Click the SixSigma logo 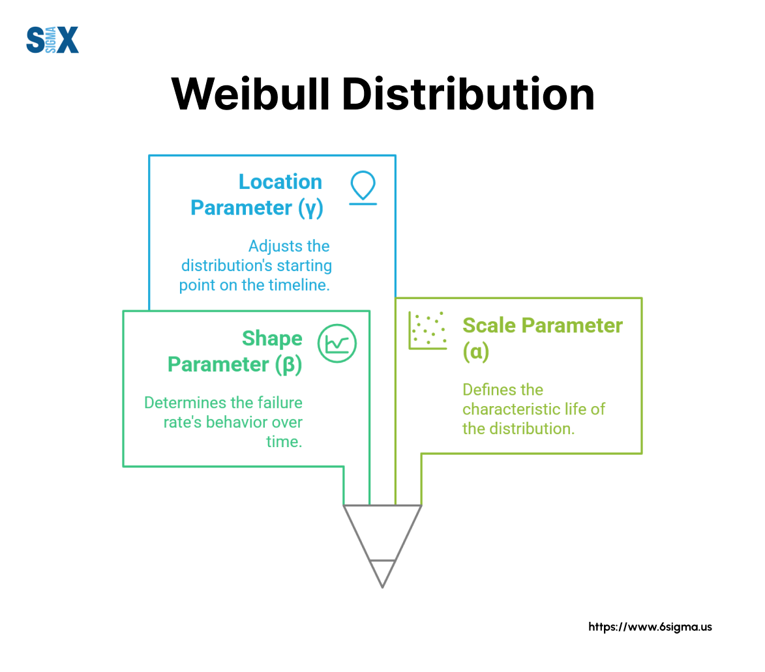click(52, 40)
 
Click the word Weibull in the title click(251, 94)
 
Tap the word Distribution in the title click(468, 94)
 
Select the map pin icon click(363, 187)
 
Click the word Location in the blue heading click(280, 182)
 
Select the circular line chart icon click(337, 343)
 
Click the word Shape click(272, 339)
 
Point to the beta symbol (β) click(288, 365)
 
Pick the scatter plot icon click(428, 330)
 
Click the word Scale click(489, 325)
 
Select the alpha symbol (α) click(476, 351)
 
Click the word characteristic click(511, 409)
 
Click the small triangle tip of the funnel click(382, 574)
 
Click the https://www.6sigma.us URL click(650, 627)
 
